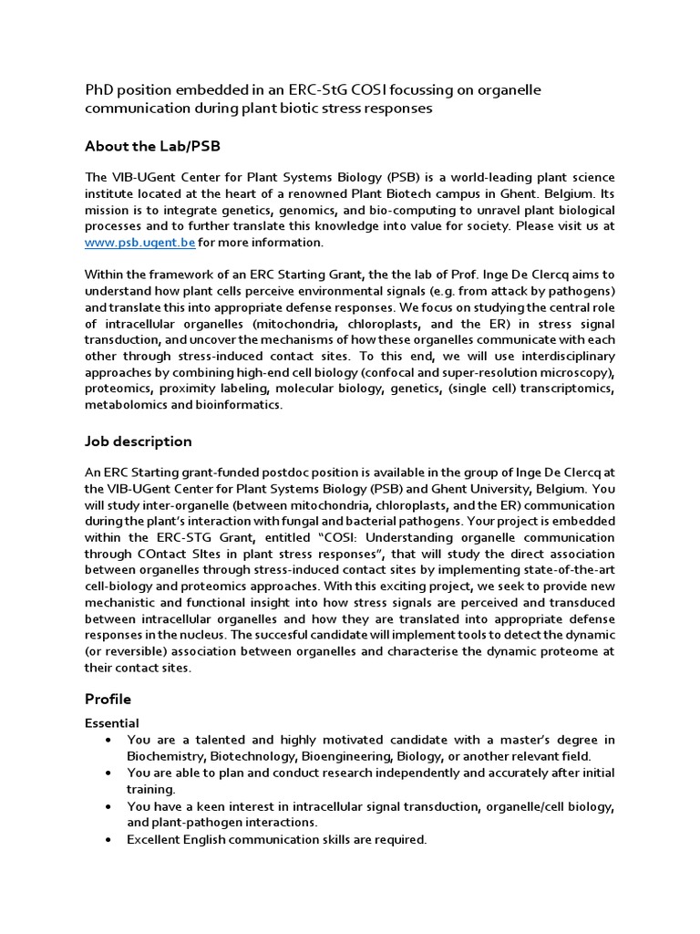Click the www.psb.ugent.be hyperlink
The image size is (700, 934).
pos(139,243)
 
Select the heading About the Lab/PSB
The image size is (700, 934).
pos(152,146)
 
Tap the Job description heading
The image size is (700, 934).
pos(138,441)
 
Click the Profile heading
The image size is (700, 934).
pos(108,699)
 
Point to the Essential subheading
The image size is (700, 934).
pos(112,722)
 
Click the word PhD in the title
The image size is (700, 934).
pos(99,89)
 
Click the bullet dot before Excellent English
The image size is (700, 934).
pos(109,839)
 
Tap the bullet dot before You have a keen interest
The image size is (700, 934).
pos(109,806)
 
